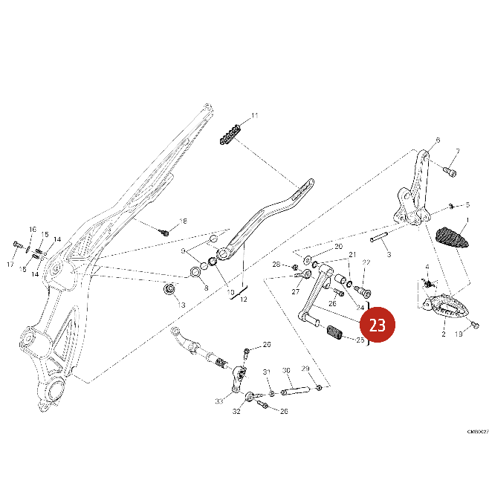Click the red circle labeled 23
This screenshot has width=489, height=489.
point(377,325)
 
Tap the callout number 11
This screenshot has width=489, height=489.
point(254,116)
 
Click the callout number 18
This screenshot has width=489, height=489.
point(184,221)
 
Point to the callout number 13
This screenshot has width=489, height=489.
point(181,305)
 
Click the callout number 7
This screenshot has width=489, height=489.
point(457,152)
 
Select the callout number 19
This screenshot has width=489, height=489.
point(459,335)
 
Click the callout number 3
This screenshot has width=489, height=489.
point(389,254)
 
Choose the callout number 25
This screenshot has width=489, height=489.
point(360,340)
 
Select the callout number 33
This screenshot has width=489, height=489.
point(219,401)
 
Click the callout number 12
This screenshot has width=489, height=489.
point(244,299)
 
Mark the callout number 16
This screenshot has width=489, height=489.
point(32,229)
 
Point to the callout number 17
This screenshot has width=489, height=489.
point(10,265)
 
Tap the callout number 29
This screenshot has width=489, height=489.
point(305,369)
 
